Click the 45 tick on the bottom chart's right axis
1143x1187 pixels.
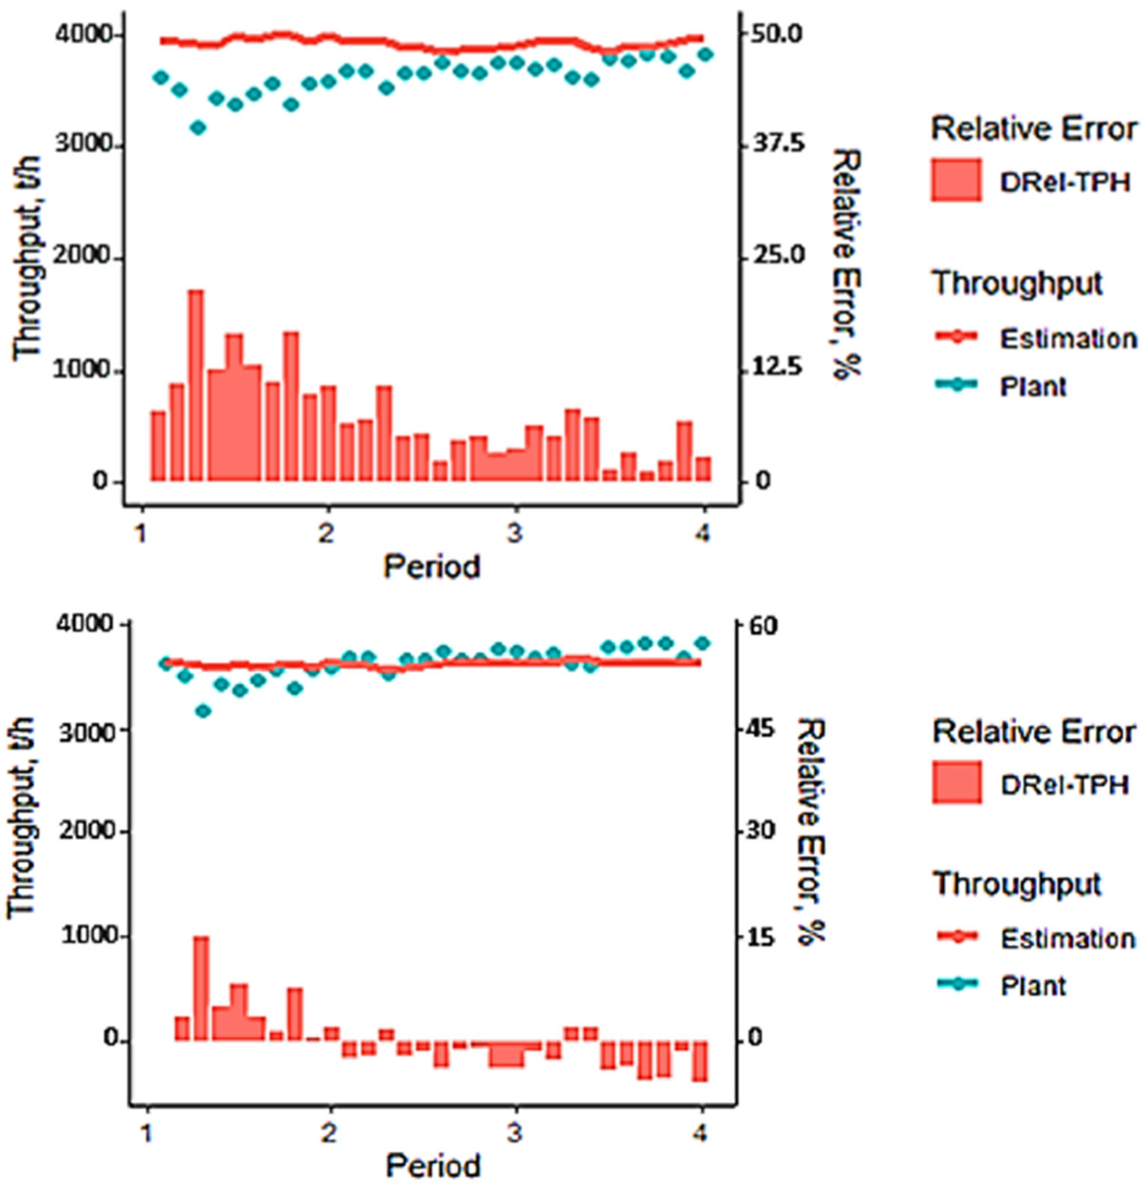[764, 729]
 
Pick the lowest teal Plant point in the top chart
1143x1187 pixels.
[198, 128]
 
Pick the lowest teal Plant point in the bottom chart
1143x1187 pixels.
[204, 711]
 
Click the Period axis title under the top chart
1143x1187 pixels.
[432, 567]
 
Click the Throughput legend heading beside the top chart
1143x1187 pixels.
[1017, 283]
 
